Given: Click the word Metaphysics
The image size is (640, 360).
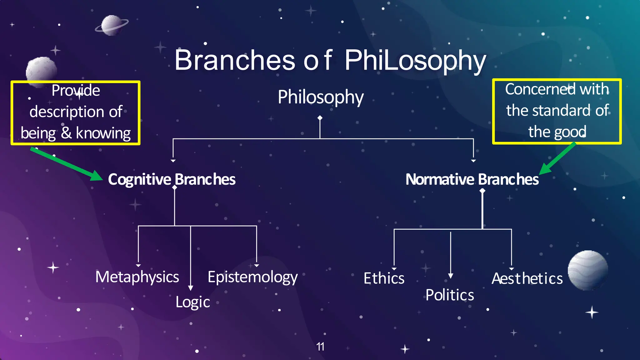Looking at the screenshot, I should pos(137,277).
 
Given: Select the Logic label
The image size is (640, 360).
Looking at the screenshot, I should pos(192,302).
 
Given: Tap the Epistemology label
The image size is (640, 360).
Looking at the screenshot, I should pos(252,277).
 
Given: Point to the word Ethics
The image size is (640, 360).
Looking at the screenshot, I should pos(384,278).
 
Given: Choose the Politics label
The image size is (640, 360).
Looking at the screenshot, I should pos(450,295).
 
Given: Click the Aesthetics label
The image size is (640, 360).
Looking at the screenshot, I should pos(527,278).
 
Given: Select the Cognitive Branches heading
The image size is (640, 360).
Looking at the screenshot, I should pos(172,179).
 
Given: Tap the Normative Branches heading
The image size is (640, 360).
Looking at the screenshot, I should pos(472,179).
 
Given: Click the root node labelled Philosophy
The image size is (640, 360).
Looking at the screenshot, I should pos(321,97).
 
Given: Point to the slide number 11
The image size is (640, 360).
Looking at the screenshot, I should pos(320,347).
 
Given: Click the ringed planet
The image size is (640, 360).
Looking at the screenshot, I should pos(111,25).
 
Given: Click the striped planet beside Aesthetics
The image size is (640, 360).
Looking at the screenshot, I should pos(587,270).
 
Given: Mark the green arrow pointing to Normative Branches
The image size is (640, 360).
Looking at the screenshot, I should pos(557,159).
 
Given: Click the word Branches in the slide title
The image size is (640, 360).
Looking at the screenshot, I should pos(234,60).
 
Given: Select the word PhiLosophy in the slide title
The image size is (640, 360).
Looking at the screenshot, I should pos(415,61).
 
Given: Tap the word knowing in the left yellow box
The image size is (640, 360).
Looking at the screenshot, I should pos(103,133).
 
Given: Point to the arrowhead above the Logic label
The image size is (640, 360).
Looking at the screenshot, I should pos(191,288).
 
